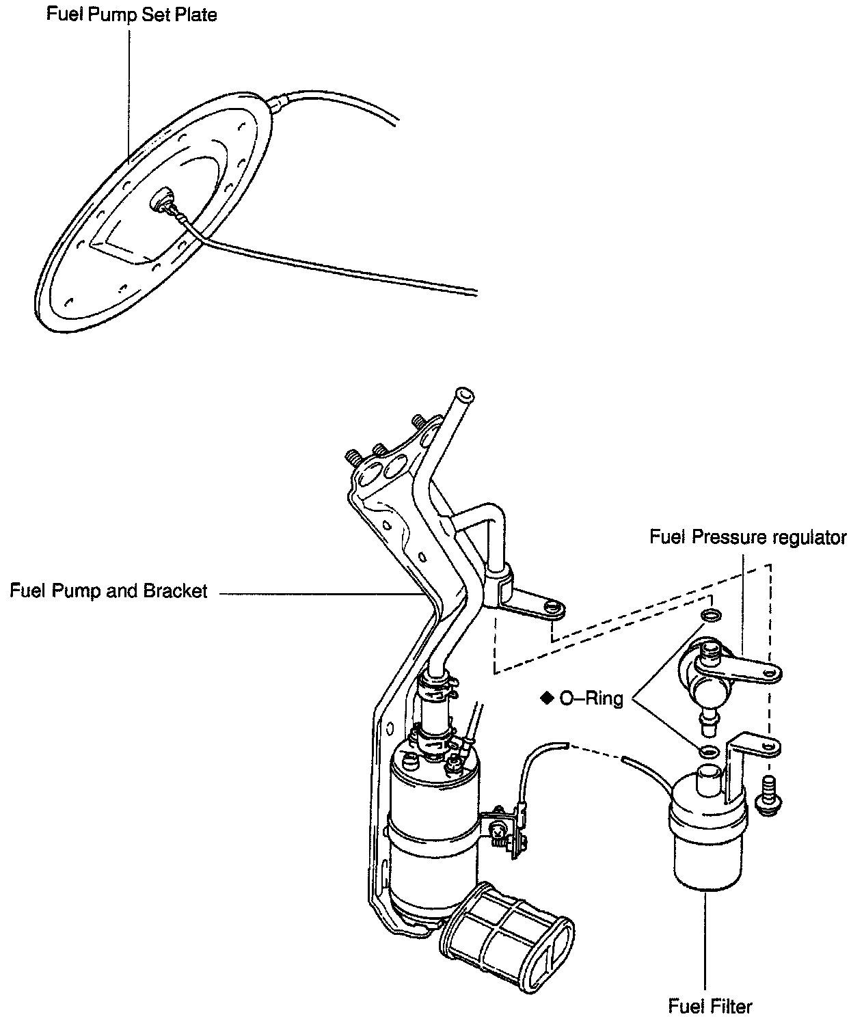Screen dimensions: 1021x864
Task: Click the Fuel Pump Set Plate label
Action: click(x=131, y=14)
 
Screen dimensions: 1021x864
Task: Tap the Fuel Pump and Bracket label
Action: click(x=108, y=591)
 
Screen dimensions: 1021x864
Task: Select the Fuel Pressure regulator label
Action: click(x=748, y=538)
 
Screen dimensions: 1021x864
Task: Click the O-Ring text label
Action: click(x=591, y=698)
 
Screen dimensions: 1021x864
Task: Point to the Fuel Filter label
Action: click(x=710, y=1006)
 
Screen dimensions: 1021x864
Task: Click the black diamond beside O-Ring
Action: click(x=546, y=698)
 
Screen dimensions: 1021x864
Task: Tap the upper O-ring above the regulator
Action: click(x=710, y=616)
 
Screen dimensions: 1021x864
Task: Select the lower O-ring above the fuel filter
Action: click(x=709, y=752)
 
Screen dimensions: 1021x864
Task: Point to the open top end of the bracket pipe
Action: click(x=465, y=395)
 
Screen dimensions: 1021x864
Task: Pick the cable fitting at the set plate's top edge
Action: click(x=276, y=105)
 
